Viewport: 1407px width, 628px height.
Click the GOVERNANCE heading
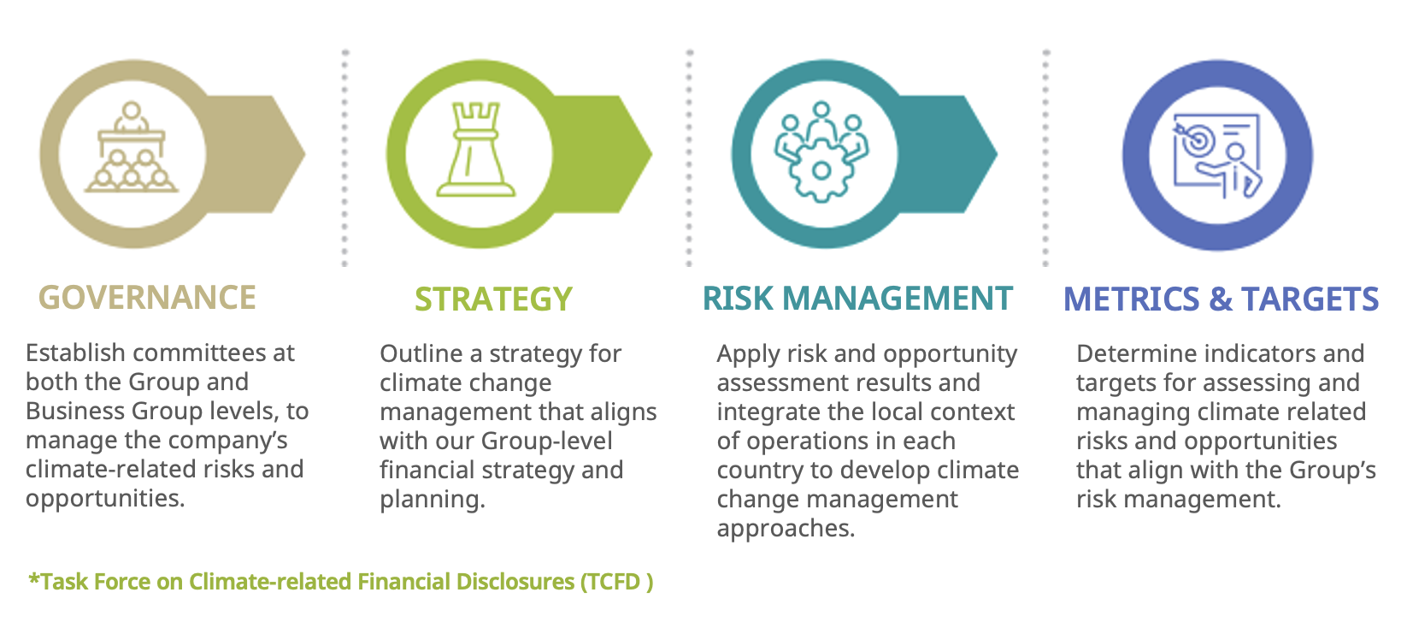click(x=147, y=298)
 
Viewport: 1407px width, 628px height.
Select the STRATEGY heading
click(x=493, y=299)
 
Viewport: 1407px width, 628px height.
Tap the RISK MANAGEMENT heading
click(x=857, y=298)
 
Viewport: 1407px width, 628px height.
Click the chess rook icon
click(x=476, y=150)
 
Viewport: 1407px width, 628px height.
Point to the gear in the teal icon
click(x=821, y=169)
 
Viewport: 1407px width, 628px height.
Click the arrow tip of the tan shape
click(x=304, y=153)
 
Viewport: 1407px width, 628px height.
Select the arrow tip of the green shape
click(x=651, y=153)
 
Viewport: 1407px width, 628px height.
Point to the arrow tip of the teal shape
click(x=997, y=153)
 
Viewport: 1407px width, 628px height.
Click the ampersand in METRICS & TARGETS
click(x=1221, y=299)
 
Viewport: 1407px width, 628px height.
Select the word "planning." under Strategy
click(x=433, y=500)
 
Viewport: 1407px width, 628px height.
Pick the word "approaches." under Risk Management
click(x=786, y=529)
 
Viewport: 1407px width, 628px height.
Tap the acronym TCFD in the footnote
click(x=615, y=582)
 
